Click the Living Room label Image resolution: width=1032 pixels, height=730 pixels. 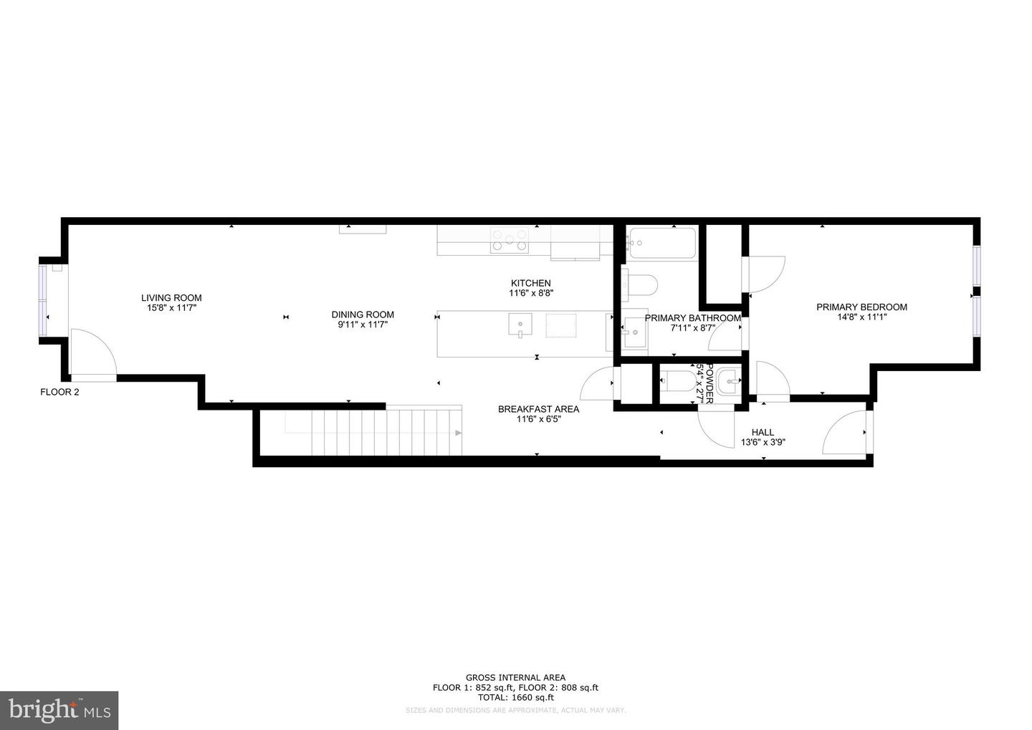[x=171, y=298]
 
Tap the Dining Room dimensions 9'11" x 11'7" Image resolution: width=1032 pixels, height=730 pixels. [x=363, y=325]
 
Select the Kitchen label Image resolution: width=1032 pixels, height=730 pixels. [x=530, y=283]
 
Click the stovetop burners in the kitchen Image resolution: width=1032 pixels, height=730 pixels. [x=510, y=240]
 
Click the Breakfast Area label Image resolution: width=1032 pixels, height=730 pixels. [x=538, y=409]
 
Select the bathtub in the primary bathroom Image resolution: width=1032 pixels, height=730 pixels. [x=661, y=244]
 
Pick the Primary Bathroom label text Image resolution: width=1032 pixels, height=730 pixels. [x=692, y=318]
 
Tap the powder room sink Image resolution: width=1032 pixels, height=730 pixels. [x=727, y=382]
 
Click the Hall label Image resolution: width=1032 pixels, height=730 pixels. [x=763, y=432]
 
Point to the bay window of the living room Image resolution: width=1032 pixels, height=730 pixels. [x=43, y=300]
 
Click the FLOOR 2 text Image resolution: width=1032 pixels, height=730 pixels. [x=59, y=392]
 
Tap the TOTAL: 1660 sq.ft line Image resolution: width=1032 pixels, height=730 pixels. [x=515, y=697]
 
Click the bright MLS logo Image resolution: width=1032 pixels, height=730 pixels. [x=59, y=710]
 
